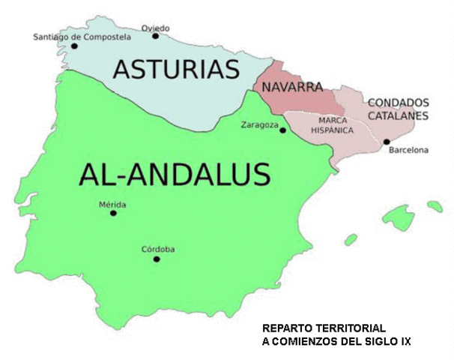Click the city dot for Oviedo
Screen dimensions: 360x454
click(x=155, y=35)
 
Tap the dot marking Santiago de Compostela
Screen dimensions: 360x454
click(x=74, y=46)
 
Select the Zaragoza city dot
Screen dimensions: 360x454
click(x=282, y=130)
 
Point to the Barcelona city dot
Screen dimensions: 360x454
click(x=387, y=141)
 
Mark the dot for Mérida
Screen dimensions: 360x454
click(x=113, y=213)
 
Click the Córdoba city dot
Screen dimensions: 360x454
click(x=157, y=259)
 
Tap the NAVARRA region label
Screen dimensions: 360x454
click(x=292, y=87)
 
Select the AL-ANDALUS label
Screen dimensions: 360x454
click(x=173, y=174)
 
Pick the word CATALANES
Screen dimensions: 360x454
click(x=398, y=115)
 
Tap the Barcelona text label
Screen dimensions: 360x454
click(x=409, y=151)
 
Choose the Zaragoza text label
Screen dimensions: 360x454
click(x=259, y=124)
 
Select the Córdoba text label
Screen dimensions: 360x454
click(x=158, y=249)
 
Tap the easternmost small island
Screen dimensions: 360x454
click(x=435, y=205)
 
